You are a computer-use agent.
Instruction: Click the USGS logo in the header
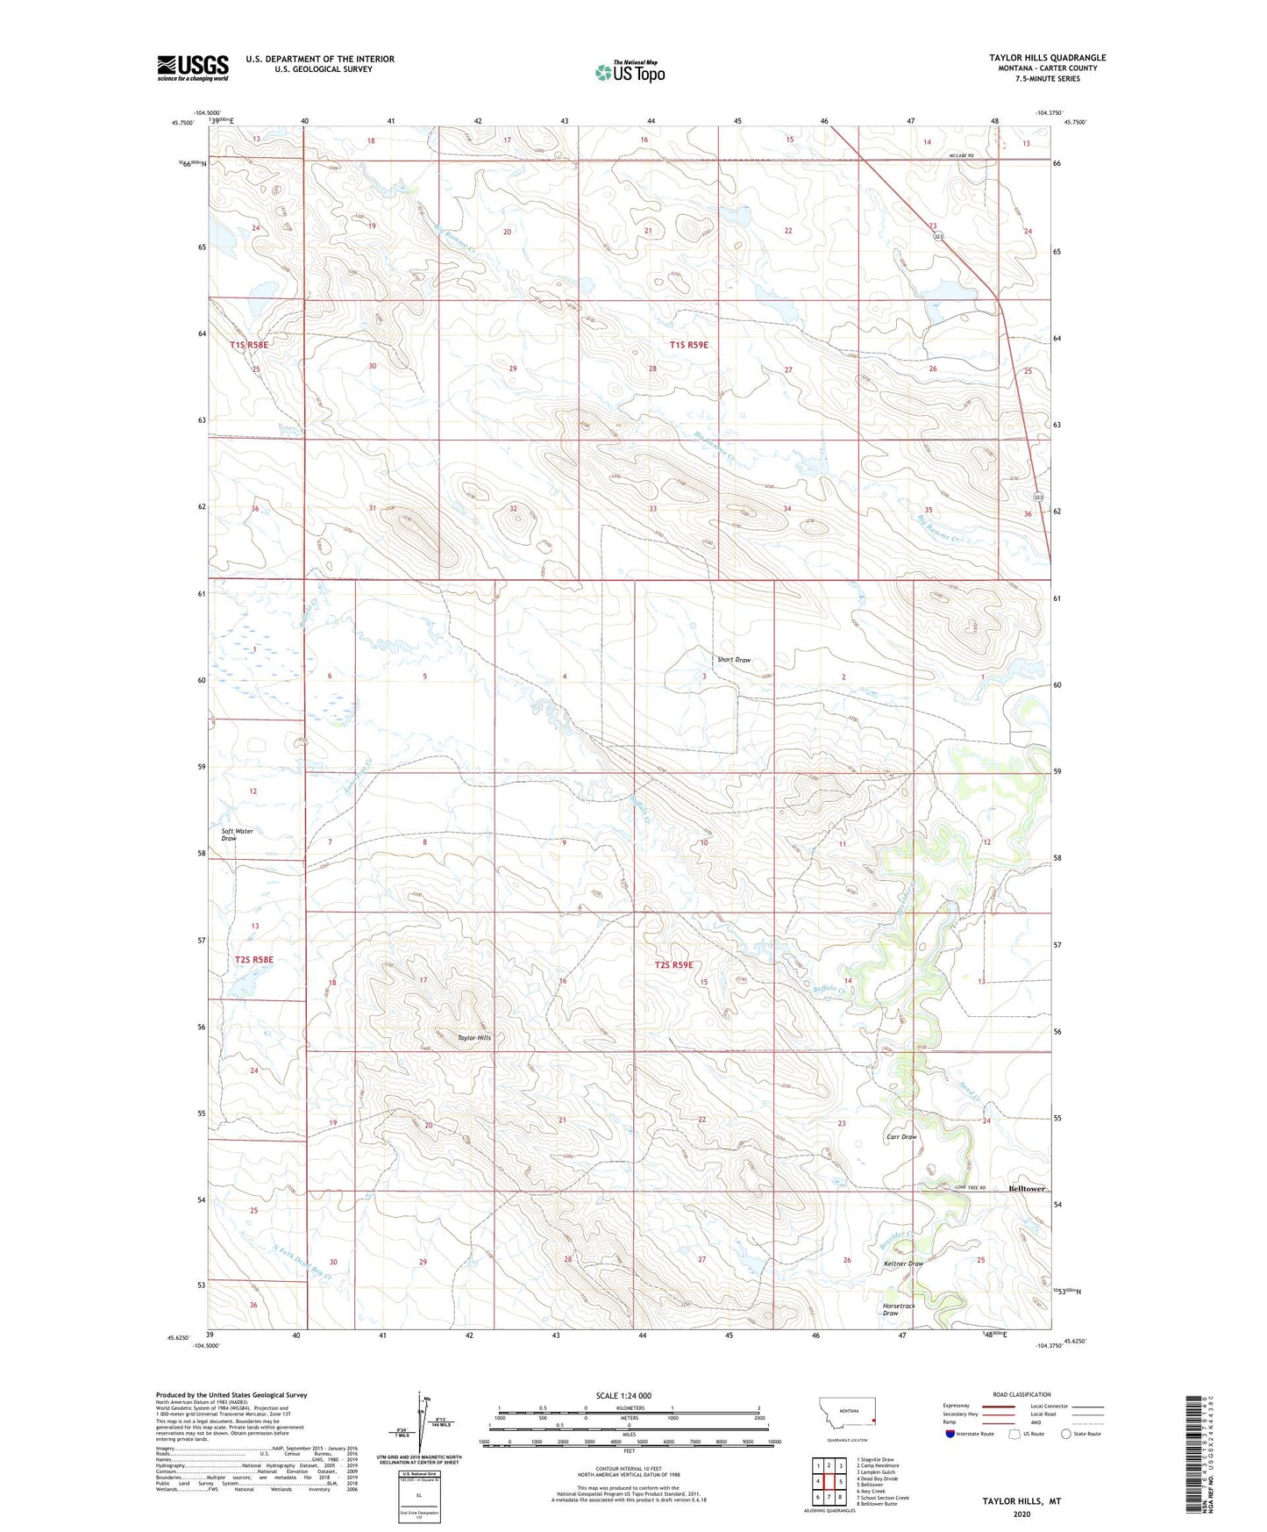[192, 68]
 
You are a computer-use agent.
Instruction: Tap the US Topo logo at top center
[629, 71]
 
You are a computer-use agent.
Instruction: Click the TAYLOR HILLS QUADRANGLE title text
[1047, 58]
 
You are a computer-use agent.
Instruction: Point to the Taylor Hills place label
[473, 1037]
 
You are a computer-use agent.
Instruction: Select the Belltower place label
[1027, 1188]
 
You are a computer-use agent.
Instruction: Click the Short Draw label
[734, 660]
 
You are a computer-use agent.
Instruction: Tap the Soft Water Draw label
[236, 834]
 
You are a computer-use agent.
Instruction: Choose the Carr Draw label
[901, 1136]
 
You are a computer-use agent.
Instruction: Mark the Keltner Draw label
[903, 1264]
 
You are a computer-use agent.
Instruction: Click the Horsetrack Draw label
[898, 1309]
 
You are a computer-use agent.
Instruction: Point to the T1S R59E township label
[688, 345]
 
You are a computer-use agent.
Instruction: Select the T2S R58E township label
[253, 960]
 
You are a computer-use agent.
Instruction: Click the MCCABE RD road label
[962, 156]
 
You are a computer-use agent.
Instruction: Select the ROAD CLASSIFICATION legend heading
[1022, 1394]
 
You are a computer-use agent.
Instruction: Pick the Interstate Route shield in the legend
[951, 1435]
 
